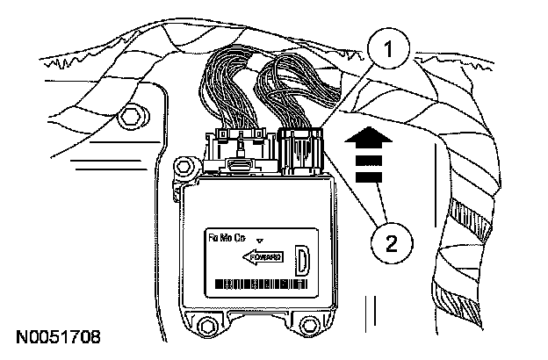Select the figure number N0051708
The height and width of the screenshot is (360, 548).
pyautogui.click(x=54, y=336)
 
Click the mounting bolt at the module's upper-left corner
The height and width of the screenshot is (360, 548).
pyautogui.click(x=185, y=164)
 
